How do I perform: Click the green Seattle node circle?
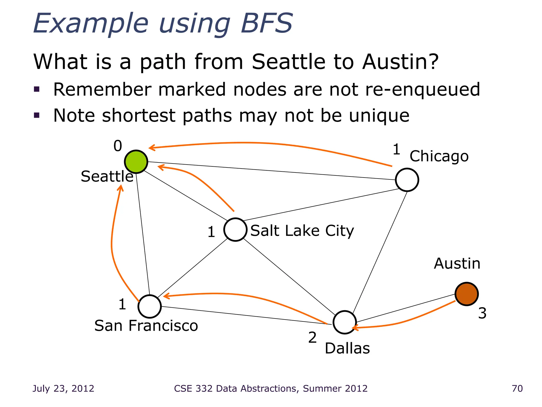136,162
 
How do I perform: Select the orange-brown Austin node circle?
467,294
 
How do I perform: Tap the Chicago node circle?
407,180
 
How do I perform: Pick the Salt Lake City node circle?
235,229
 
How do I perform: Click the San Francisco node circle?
150,306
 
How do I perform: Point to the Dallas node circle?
344,322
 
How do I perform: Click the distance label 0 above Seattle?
118,146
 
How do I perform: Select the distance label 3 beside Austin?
482,313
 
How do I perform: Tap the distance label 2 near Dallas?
312,338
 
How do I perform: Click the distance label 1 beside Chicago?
396,149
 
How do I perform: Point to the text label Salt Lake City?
302,231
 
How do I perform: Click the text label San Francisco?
146,326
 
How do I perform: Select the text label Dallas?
347,348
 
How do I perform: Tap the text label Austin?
457,264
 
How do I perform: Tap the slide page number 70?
517,388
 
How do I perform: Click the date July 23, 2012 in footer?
63,388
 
